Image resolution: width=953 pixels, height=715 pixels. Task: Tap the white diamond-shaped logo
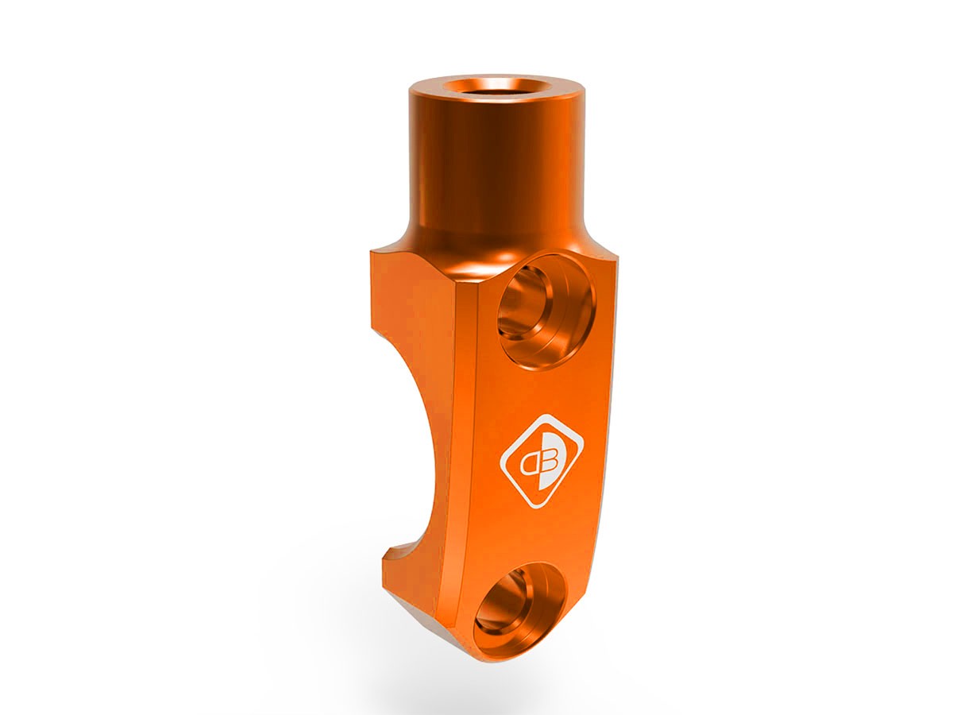pos(541,460)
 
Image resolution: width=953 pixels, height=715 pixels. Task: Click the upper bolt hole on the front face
pos(546,309)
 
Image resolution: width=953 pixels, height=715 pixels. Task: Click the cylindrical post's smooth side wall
pos(484,159)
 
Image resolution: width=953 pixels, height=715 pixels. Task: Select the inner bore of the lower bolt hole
pos(508,608)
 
